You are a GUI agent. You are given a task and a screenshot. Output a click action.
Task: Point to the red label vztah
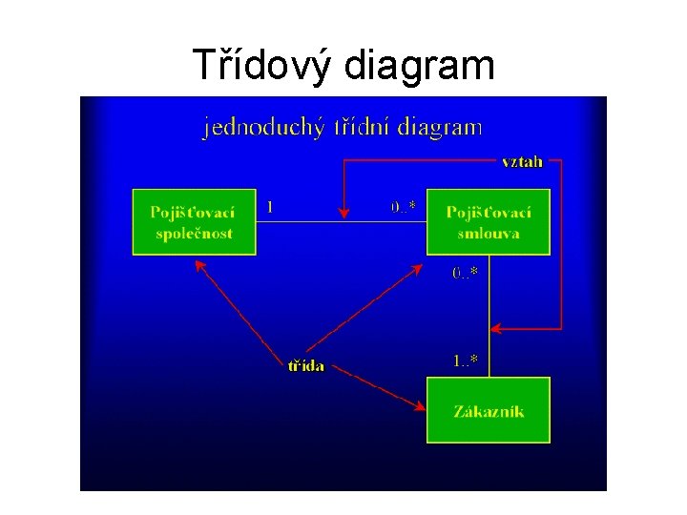[x=522, y=161]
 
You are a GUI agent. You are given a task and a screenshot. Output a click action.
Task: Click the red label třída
[x=306, y=365]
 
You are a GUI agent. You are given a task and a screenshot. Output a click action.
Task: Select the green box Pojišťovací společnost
[x=195, y=222]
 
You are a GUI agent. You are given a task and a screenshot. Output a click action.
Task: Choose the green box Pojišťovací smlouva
[x=489, y=222]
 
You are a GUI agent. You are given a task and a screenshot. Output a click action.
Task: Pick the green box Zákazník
[x=489, y=410]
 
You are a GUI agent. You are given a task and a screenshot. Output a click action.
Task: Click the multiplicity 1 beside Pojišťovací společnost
[x=271, y=205]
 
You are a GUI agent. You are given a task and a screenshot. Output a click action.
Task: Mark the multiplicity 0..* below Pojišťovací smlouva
[x=466, y=273]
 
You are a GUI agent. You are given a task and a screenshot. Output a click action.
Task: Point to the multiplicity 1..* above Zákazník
[x=466, y=360]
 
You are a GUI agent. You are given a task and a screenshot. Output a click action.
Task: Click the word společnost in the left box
[x=195, y=234]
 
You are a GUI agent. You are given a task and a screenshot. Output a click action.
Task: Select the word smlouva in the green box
[x=489, y=234]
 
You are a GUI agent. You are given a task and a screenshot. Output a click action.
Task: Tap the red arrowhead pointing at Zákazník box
[x=420, y=406]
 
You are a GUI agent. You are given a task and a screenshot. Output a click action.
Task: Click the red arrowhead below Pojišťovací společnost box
[x=199, y=264]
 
